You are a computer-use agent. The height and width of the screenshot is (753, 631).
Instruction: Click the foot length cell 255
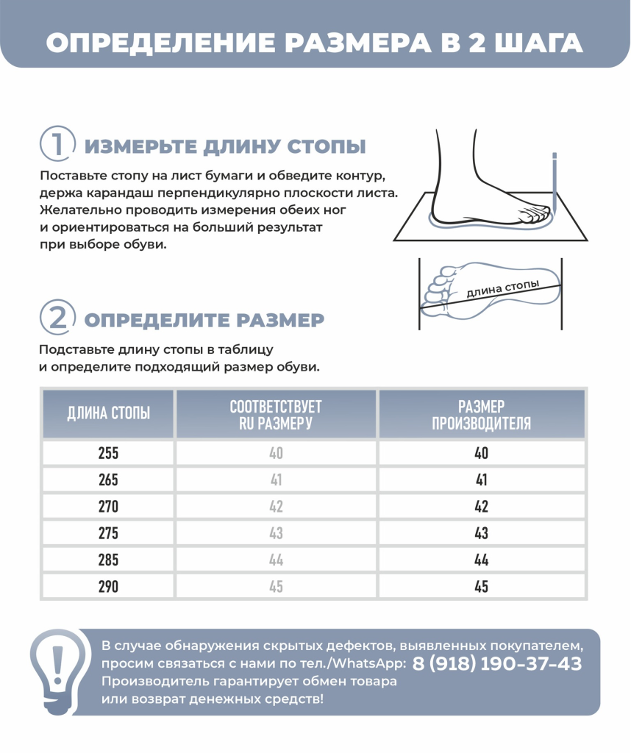(x=108, y=453)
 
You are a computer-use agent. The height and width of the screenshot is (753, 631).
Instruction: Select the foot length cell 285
(x=108, y=560)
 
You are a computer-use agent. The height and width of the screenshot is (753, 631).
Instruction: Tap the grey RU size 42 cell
(x=276, y=507)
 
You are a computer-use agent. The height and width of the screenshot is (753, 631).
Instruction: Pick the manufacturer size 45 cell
(x=481, y=587)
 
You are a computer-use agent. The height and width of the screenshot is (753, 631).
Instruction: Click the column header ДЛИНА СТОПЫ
(x=108, y=413)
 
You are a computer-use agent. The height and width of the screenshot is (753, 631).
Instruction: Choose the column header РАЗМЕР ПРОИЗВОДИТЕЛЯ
(x=481, y=414)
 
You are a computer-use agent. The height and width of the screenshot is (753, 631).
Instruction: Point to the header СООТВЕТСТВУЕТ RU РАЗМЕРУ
(x=276, y=414)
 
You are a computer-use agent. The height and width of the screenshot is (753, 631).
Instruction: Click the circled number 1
(x=57, y=143)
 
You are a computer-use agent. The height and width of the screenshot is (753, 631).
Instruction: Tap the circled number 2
(x=57, y=318)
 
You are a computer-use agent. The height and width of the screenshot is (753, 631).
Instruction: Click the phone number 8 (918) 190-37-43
(x=497, y=663)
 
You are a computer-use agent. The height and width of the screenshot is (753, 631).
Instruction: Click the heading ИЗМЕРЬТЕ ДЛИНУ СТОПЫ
(x=225, y=146)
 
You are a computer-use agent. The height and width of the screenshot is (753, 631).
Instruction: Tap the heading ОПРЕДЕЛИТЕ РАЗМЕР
(x=204, y=320)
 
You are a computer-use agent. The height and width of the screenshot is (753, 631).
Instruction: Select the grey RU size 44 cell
(x=276, y=560)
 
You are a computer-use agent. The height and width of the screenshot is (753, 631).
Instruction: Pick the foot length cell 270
(x=108, y=507)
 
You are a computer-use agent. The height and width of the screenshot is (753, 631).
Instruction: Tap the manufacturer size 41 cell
(x=481, y=479)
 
